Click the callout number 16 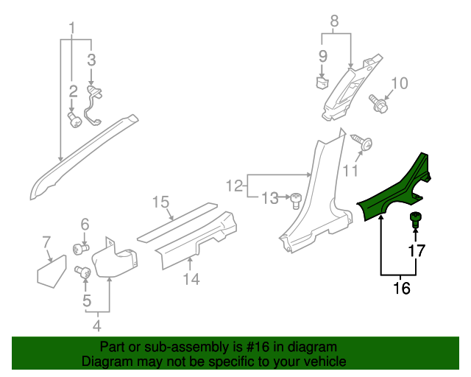click(402, 289)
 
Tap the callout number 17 click(417, 251)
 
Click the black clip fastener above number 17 click(415, 218)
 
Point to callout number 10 click(398, 83)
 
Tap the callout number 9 click(322, 56)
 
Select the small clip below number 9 click(322, 81)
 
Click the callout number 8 click(334, 22)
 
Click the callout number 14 click(191, 278)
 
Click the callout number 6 click(85, 224)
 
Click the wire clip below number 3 click(94, 103)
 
